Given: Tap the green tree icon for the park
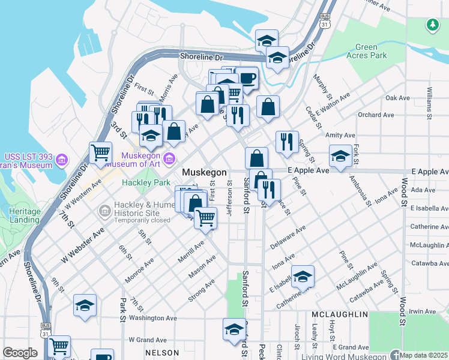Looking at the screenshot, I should [432, 25].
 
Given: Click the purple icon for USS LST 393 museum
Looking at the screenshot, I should [62, 160].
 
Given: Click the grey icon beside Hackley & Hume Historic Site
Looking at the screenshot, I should [105, 210].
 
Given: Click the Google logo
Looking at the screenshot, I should [20, 353].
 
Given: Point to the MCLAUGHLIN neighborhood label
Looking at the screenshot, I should [340, 314].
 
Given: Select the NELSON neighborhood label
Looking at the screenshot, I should [163, 353].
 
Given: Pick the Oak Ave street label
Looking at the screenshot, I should [397, 98].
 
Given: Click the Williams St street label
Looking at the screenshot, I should [430, 102].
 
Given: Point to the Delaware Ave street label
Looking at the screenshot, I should [288, 237].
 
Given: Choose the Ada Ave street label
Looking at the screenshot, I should [423, 190].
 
